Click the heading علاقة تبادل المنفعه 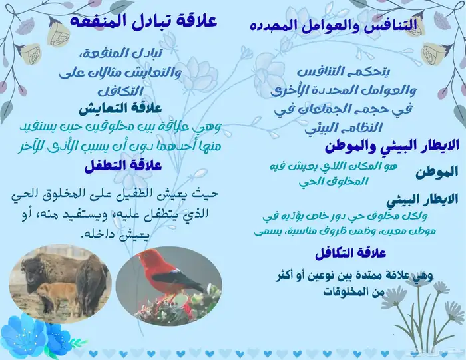click(x=143, y=20)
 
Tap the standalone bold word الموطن click(x=436, y=173)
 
